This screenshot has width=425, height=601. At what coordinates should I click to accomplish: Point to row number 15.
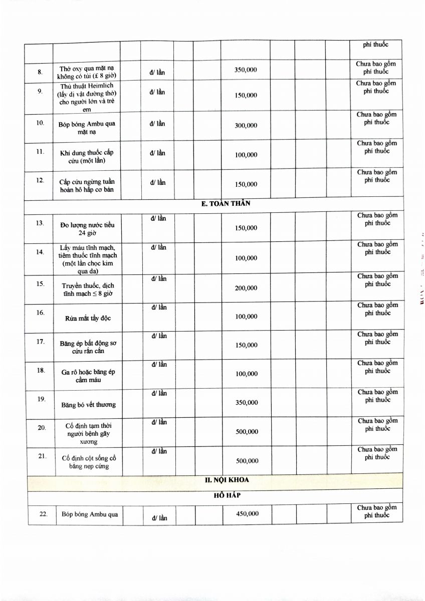point(40,284)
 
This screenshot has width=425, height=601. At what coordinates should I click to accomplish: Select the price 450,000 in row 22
point(247,513)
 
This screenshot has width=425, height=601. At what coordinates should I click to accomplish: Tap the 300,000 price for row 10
point(246,126)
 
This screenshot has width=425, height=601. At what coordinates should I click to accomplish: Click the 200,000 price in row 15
point(246,288)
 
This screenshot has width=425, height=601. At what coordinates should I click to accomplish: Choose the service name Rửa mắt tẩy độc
point(88,319)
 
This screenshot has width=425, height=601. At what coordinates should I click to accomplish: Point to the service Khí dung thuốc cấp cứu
point(87,156)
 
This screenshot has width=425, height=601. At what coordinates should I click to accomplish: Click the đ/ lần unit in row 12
point(157,182)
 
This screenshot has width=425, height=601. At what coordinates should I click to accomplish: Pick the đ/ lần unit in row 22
point(159,518)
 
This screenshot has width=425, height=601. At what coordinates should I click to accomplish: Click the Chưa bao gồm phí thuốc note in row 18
point(377,367)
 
